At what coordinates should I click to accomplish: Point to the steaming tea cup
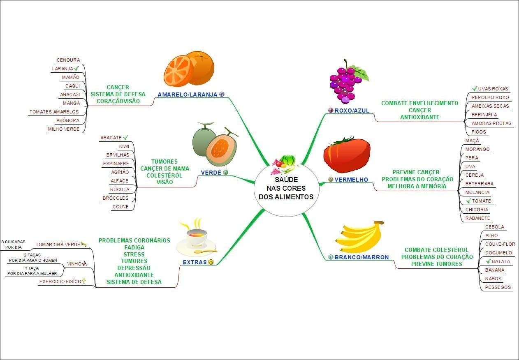[196, 240]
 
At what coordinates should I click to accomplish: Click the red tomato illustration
[346, 155]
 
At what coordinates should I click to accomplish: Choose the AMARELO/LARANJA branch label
[187, 95]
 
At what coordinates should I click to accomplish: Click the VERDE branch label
[211, 173]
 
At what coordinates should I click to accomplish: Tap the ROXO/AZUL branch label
[352, 111]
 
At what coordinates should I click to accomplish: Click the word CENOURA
[68, 60]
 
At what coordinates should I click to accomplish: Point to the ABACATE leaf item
[111, 138]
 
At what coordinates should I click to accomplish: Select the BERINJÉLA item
[484, 115]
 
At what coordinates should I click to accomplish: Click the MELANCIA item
[477, 192]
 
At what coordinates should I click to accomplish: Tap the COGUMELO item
[498, 253]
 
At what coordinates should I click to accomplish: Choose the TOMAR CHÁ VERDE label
[58, 245]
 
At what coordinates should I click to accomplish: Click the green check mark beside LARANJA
[76, 68]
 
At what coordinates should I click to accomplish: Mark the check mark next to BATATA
[488, 261]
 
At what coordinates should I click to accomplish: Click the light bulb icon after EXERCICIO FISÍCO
[84, 282]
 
